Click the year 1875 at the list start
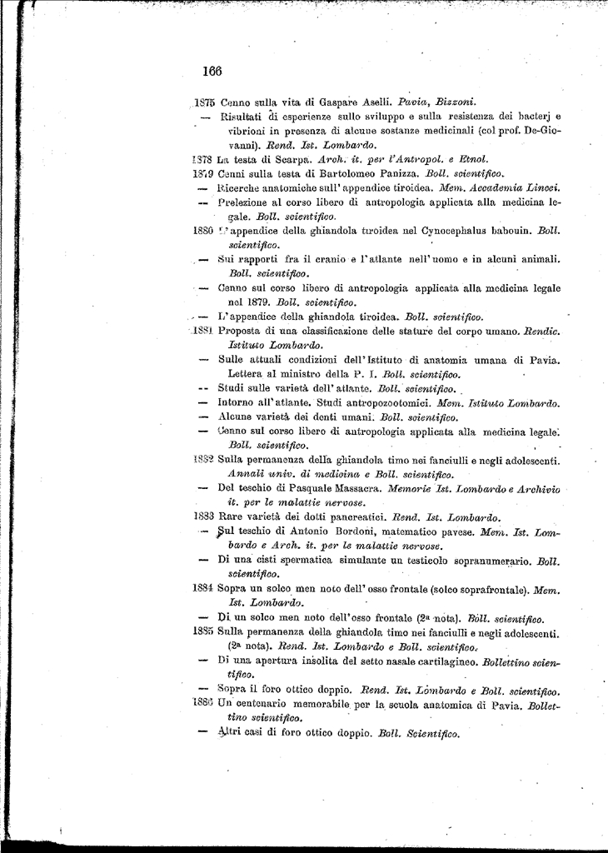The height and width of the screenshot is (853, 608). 205,102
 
